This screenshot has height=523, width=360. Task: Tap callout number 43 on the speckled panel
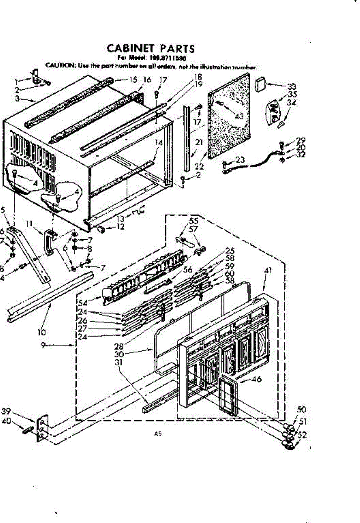point(239,116)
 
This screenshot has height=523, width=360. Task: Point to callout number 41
point(267,271)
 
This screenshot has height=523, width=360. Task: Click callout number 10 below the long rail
point(42,332)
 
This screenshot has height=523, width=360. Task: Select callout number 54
point(83,302)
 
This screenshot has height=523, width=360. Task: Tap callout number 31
point(119,362)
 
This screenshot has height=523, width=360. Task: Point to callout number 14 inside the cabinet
point(158,143)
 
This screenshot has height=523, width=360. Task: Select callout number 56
point(188,270)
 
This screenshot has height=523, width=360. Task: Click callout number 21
point(199,142)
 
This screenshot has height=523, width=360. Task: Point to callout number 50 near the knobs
point(301,410)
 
